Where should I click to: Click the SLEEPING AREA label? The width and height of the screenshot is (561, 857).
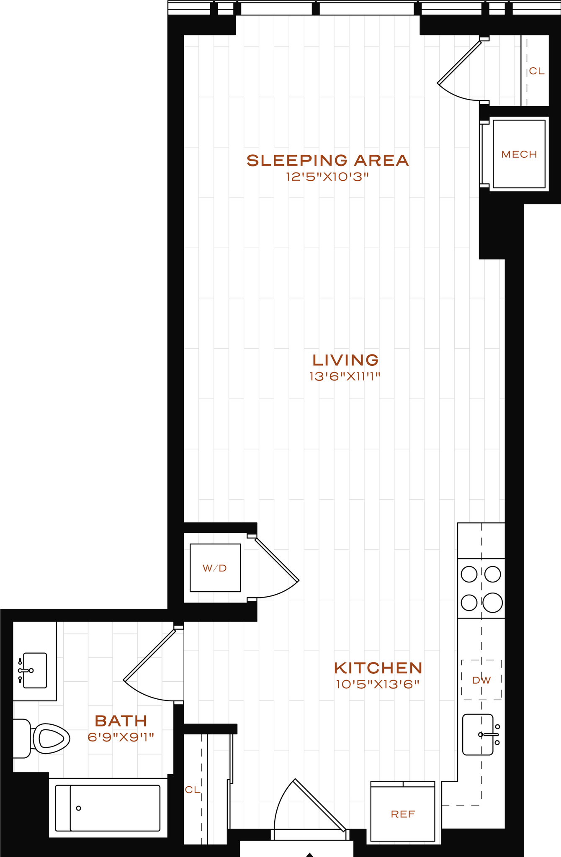click(327, 161)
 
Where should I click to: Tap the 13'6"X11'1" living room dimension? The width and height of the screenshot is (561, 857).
click(345, 377)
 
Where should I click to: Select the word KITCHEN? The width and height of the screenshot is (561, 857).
click(378, 668)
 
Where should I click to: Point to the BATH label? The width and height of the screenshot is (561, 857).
click(121, 721)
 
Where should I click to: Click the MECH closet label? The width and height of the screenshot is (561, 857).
click(519, 154)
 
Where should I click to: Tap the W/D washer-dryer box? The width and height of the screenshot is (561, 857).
click(215, 568)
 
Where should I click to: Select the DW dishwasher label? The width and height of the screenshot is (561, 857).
click(481, 680)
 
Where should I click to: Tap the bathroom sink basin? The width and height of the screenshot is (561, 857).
click(35, 670)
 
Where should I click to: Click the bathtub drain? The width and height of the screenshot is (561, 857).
click(78, 808)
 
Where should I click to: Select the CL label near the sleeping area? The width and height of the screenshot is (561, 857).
click(537, 71)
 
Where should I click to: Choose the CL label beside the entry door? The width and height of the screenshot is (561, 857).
click(193, 790)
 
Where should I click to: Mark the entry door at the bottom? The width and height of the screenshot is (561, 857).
click(310, 806)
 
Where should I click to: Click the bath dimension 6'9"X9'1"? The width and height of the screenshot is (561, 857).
click(121, 737)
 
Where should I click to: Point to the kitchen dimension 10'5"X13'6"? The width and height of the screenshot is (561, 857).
click(378, 685)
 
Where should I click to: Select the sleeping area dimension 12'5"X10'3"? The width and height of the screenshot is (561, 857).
click(327, 177)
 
